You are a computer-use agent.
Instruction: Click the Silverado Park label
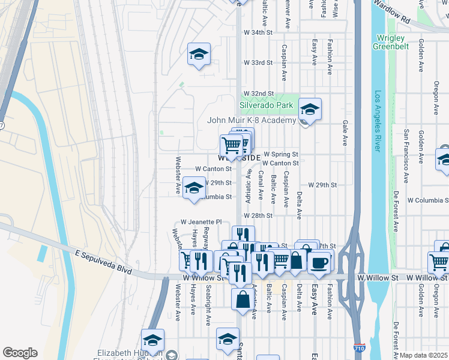point(266,105)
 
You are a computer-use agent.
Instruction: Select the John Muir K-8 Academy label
point(252,120)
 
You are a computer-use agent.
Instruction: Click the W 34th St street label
point(258,32)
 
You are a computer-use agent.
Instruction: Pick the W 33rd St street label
point(258,62)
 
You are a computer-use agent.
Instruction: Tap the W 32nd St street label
point(259,94)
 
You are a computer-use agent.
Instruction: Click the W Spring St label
point(280,154)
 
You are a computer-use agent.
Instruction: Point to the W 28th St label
point(258,215)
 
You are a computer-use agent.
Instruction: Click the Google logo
point(20,353)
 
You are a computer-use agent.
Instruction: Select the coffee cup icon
point(319,262)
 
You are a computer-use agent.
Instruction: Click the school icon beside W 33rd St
point(199,55)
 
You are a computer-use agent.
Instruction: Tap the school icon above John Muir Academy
point(310,109)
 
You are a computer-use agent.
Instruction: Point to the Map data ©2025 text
point(423,355)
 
